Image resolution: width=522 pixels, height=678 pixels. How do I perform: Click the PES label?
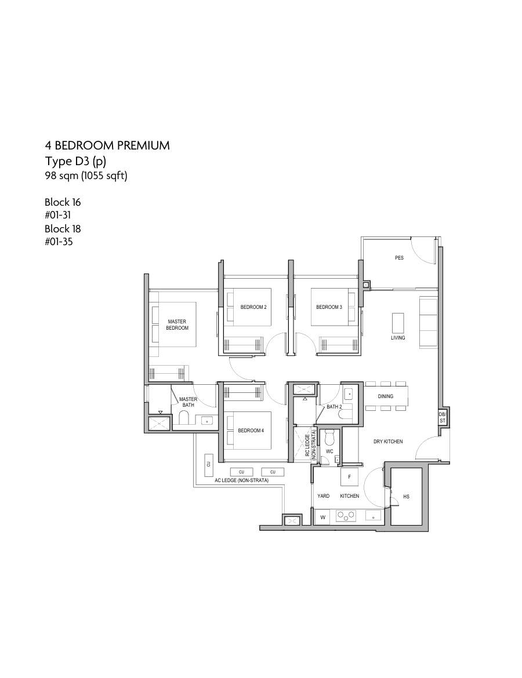[399, 258]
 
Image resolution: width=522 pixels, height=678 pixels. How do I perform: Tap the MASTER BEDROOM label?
[177, 325]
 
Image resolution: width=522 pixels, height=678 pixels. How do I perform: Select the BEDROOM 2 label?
[253, 307]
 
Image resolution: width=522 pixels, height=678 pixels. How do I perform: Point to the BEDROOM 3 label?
[329, 307]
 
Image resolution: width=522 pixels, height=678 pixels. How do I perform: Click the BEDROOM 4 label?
[251, 431]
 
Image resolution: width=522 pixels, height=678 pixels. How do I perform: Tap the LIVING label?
[398, 338]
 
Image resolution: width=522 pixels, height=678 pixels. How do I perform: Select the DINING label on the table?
[385, 396]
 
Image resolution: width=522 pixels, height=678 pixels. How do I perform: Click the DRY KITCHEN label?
[388, 442]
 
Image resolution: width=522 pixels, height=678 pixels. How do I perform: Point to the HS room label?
[406, 497]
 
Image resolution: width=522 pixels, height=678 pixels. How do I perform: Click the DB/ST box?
[443, 418]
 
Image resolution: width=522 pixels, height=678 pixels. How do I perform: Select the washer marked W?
[322, 517]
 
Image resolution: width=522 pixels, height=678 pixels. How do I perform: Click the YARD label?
[323, 496]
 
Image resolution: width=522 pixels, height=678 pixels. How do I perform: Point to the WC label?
[329, 451]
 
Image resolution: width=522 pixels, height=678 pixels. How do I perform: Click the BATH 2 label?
[334, 407]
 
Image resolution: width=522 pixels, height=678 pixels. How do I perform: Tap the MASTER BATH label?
[188, 402]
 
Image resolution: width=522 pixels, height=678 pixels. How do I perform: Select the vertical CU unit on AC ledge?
[209, 464]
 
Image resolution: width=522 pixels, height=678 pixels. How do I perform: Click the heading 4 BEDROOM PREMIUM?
[107, 145]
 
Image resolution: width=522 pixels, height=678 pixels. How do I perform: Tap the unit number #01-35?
[59, 242]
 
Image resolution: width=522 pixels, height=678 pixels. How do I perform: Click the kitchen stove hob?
[346, 515]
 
